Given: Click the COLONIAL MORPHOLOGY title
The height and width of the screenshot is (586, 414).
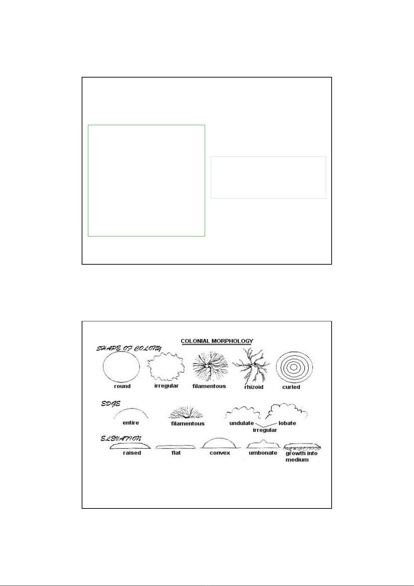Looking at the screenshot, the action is (217, 341).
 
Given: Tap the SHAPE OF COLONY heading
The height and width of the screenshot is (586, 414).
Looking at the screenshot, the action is (129, 348).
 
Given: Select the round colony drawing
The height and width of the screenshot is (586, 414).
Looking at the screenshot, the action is (121, 355).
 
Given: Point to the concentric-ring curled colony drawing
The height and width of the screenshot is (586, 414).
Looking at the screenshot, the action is (294, 352).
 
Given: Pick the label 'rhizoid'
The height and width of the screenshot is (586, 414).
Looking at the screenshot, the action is (254, 387).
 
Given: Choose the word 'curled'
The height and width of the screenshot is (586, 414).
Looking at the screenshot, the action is (291, 387).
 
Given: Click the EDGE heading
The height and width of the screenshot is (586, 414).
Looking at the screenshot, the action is (111, 404).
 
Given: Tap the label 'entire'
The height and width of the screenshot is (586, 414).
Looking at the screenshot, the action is (131, 423).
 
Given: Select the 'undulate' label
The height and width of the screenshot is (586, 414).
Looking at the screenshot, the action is (241, 423).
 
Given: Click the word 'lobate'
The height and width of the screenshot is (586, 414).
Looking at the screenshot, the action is (287, 423).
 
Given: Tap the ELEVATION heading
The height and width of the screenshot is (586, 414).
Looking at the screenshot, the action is (121, 439).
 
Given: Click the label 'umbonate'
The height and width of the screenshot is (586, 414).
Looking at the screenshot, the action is (263, 453).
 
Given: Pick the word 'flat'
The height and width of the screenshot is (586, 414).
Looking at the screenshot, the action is (176, 453).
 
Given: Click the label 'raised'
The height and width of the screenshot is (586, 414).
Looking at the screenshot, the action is (132, 453).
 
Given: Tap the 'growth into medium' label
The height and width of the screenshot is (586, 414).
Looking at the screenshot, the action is (301, 457).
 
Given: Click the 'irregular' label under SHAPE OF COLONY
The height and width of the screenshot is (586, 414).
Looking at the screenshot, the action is (167, 386).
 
